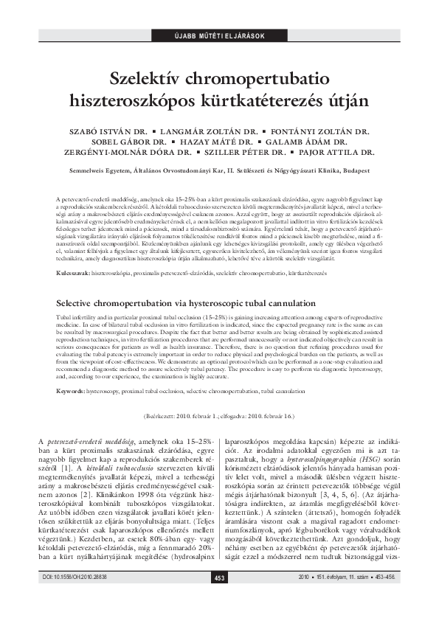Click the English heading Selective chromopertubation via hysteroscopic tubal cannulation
pos(185,303)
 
